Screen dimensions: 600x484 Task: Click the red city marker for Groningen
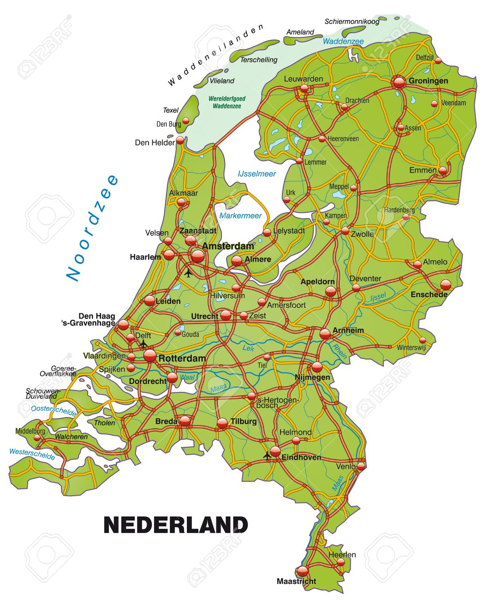(400, 82)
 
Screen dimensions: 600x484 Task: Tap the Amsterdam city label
(228, 246)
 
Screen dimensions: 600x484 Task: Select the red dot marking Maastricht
(302, 571)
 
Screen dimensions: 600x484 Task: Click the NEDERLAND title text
(176, 525)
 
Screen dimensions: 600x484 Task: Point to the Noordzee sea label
(92, 228)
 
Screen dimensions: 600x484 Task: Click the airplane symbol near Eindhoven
(267, 456)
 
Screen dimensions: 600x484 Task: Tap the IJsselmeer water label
(257, 174)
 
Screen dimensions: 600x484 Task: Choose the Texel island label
(170, 110)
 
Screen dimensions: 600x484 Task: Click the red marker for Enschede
(445, 284)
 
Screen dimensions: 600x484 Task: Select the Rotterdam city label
(182, 358)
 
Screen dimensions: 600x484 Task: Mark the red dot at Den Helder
(180, 140)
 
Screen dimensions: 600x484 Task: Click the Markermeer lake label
(240, 216)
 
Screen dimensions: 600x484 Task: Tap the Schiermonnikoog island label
(352, 22)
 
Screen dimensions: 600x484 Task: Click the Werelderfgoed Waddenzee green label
(227, 102)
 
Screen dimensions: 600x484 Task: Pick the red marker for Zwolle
(345, 231)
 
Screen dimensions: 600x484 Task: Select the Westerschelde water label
(32, 454)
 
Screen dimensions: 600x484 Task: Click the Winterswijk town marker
(423, 341)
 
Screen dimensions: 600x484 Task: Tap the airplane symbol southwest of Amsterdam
(188, 273)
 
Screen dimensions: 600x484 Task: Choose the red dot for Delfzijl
(438, 60)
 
